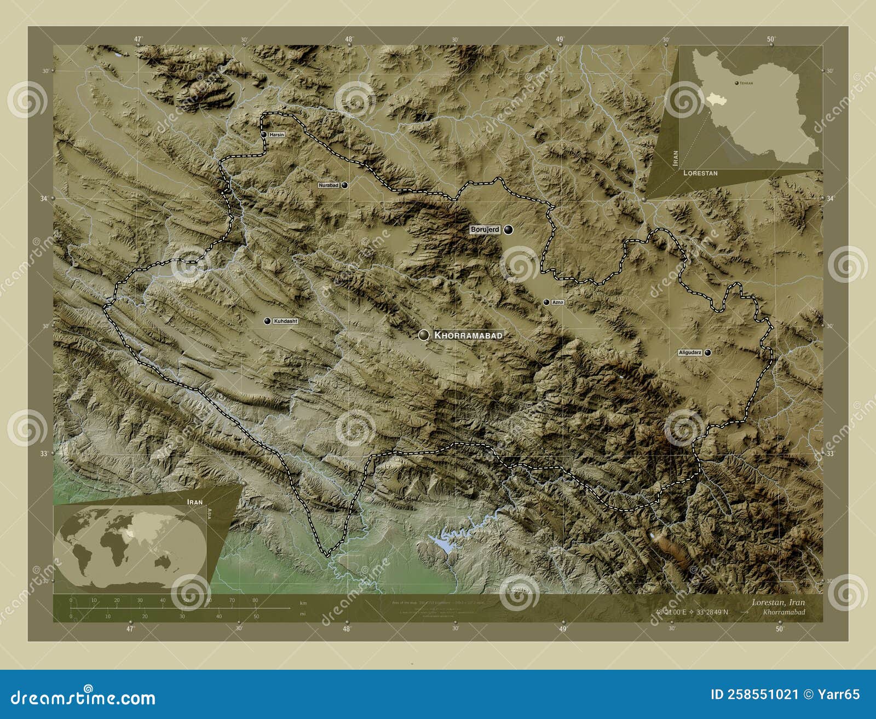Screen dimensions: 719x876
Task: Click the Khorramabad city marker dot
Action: (x=423, y=335)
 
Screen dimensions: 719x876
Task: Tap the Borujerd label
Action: (x=485, y=230)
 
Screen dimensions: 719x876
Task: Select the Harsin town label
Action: (x=276, y=135)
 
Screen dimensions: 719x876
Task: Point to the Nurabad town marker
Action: (x=344, y=185)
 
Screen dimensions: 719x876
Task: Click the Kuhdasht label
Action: (x=285, y=321)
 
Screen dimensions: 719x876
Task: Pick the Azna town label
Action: (x=557, y=302)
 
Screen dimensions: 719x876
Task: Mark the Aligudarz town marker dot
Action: (x=708, y=353)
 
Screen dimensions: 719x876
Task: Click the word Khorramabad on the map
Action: (x=468, y=335)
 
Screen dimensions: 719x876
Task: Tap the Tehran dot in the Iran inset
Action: (x=736, y=83)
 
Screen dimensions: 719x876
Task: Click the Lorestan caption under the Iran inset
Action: (x=700, y=173)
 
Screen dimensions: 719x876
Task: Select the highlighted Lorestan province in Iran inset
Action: (x=712, y=99)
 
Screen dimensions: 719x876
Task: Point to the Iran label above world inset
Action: (x=194, y=502)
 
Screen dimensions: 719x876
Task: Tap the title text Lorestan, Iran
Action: (x=778, y=602)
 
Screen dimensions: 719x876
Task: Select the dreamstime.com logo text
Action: (x=83, y=698)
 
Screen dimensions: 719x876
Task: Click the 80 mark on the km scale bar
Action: (x=255, y=600)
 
